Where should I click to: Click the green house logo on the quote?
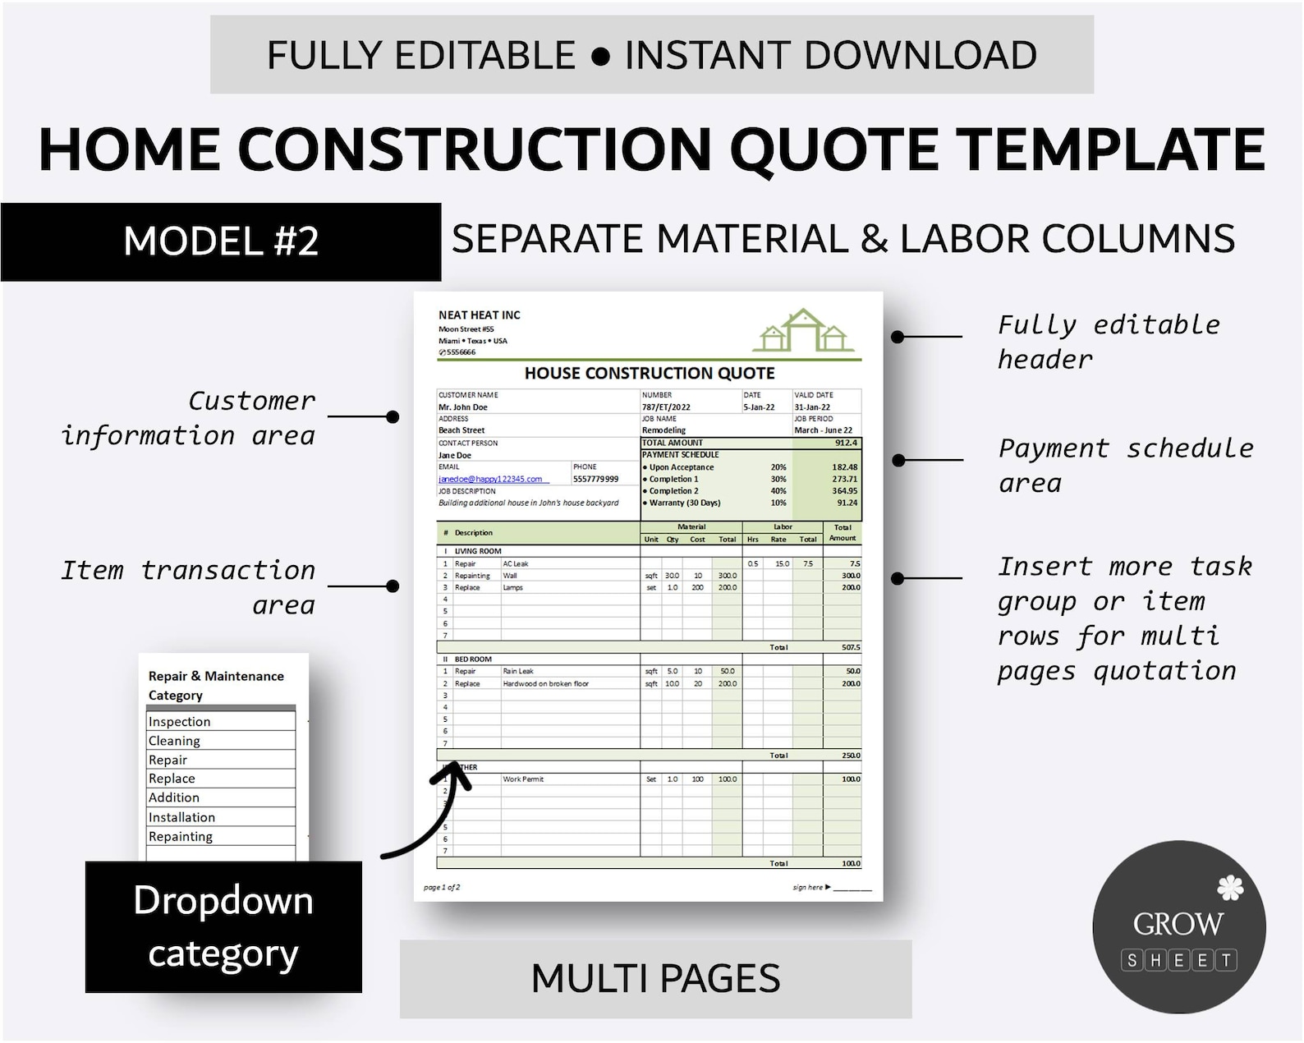tap(803, 331)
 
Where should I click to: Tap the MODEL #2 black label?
tap(221, 241)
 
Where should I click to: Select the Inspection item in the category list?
tap(180, 721)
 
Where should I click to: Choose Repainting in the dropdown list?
tap(181, 836)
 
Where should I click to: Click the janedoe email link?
tap(490, 479)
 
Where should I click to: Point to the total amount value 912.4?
tap(846, 443)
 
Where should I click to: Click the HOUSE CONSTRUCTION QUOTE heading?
tap(650, 374)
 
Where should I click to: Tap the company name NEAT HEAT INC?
tap(480, 315)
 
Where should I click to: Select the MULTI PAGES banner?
tap(655, 978)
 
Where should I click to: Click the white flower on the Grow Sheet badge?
tap(1229, 887)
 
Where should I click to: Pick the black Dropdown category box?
tap(223, 926)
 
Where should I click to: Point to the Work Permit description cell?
tap(523, 779)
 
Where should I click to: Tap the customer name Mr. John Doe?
tap(463, 407)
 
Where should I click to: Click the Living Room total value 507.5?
tap(851, 647)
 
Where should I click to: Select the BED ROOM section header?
tap(473, 659)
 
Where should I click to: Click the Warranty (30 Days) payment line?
tap(684, 503)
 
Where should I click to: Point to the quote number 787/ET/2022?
tap(666, 407)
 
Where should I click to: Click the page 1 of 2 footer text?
tap(442, 887)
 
